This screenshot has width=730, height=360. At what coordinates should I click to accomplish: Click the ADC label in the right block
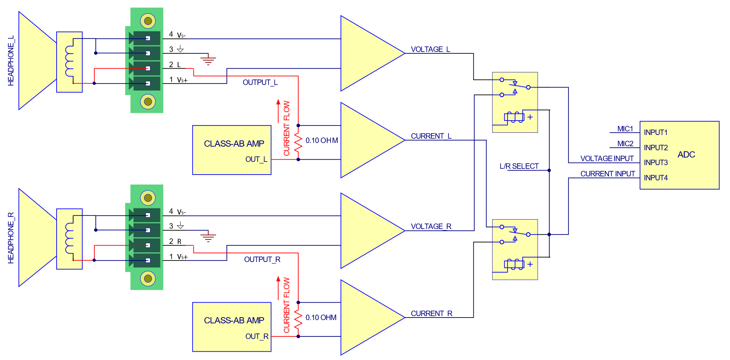tap(686, 155)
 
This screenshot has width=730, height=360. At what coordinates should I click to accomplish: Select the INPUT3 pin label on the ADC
tap(656, 163)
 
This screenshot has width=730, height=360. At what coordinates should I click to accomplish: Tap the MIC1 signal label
tap(625, 129)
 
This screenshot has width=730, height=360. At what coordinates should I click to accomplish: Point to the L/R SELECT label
tap(519, 166)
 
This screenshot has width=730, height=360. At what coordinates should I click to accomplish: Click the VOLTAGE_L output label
tap(430, 49)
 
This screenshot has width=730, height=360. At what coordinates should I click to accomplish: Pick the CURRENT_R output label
tap(431, 314)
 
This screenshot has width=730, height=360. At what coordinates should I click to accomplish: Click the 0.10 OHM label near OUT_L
tap(321, 140)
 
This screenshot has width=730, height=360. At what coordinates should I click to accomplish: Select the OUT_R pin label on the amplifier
tap(257, 336)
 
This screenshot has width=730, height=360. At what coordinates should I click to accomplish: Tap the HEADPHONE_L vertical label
tap(11, 61)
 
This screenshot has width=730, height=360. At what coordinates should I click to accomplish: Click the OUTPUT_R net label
tap(262, 259)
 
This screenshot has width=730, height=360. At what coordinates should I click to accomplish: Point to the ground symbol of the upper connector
tap(208, 60)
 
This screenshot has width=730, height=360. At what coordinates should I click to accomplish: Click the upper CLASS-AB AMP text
tap(234, 144)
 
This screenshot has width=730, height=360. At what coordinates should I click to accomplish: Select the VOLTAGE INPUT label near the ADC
tap(607, 159)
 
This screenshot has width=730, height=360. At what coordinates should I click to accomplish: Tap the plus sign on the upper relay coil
tap(530, 117)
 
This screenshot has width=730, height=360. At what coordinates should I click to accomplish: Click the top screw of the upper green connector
tap(148, 21)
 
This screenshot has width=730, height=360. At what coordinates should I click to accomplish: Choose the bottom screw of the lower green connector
tap(148, 279)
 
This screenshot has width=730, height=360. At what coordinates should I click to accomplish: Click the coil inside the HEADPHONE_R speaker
tap(69, 238)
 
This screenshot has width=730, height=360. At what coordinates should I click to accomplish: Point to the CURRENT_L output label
tap(431, 136)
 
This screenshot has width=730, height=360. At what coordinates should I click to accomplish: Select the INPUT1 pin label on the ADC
tap(656, 132)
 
